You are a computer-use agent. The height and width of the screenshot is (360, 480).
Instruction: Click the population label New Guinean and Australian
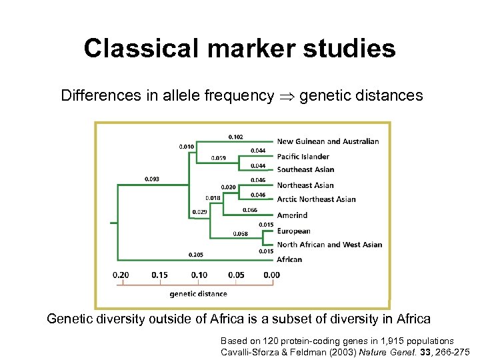coord(327,141)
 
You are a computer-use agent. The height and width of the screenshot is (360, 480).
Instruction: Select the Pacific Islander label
coord(303,157)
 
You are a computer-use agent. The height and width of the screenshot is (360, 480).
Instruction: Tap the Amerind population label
coord(292,216)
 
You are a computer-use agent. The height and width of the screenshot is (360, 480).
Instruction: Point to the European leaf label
coord(293,231)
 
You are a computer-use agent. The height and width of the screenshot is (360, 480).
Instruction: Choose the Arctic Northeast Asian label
coord(316,199)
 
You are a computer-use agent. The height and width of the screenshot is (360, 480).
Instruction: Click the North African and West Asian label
coord(329,245)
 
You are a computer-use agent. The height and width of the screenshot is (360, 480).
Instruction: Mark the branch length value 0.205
coord(196,254)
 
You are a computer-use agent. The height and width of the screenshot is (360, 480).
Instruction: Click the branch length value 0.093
coord(152,179)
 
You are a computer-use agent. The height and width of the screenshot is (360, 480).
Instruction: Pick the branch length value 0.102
coord(235,137)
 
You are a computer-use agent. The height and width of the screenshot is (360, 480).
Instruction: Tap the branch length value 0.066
coord(250,210)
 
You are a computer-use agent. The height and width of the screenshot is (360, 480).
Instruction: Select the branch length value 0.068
coord(240,233)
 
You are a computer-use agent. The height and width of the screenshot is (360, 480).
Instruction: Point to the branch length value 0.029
coord(199,211)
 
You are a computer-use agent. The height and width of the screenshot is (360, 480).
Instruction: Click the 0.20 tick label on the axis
coord(121,275)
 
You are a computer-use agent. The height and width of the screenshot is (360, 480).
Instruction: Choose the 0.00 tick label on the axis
coord(271,275)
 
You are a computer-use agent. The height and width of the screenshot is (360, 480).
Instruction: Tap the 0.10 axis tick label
coord(199,275)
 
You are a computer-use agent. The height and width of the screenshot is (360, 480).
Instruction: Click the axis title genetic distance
coord(198,293)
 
